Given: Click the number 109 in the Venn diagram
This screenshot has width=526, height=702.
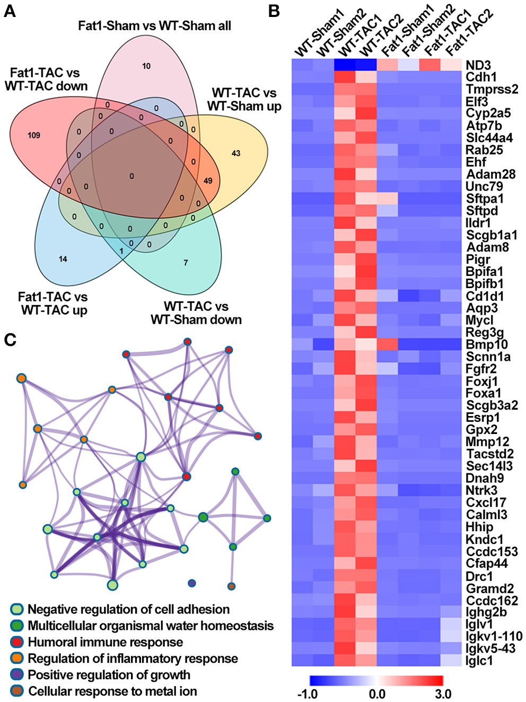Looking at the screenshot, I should point(34,135).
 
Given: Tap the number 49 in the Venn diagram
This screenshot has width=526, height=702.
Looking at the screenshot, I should point(208,180).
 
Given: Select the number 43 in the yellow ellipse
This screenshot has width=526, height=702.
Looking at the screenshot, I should point(236,153).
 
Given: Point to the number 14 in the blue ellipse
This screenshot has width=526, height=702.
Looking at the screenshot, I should point(63,259).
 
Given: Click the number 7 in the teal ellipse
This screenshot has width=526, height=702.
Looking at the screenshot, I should point(186,263).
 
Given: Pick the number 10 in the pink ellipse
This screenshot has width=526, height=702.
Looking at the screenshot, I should point(146,66).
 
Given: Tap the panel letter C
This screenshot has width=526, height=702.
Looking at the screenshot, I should point(10,340).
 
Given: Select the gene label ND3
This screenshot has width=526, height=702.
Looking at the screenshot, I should point(478,65).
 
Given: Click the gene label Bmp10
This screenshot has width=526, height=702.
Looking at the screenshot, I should point(487,344).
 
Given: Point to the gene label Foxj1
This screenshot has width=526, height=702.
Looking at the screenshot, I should point(483,381).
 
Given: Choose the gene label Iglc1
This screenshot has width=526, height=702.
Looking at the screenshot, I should point(479,661).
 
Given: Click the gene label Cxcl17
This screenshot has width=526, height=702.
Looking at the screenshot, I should point(486,502).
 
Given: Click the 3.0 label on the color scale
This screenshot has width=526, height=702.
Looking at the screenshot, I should point(443,694).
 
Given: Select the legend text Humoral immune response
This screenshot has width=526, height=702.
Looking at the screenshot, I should point(105,642).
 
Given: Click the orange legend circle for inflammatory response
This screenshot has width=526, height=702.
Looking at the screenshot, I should point(17,658).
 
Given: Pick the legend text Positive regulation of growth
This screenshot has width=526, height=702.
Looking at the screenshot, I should point(109,675).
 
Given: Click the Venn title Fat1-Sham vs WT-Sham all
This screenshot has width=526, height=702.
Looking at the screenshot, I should point(154,25).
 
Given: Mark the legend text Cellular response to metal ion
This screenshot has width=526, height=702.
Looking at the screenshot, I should point(112,691).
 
